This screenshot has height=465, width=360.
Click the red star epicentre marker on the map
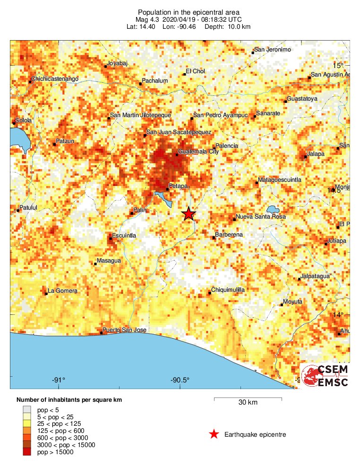(189, 214)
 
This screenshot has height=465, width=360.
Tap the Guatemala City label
(198, 152)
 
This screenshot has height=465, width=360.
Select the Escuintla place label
(124, 235)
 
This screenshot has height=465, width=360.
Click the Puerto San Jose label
(125, 330)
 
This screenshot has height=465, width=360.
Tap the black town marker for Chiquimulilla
(210, 294)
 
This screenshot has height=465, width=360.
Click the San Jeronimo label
(273, 50)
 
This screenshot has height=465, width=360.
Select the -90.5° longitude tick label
(180, 380)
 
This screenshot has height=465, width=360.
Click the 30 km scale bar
(248, 399)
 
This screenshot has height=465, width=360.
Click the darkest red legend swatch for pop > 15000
(27, 452)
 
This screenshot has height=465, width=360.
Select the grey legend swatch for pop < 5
(27, 410)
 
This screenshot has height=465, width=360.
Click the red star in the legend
(214, 434)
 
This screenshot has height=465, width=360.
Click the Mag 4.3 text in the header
(148, 20)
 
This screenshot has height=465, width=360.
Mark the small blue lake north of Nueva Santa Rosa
(272, 209)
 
